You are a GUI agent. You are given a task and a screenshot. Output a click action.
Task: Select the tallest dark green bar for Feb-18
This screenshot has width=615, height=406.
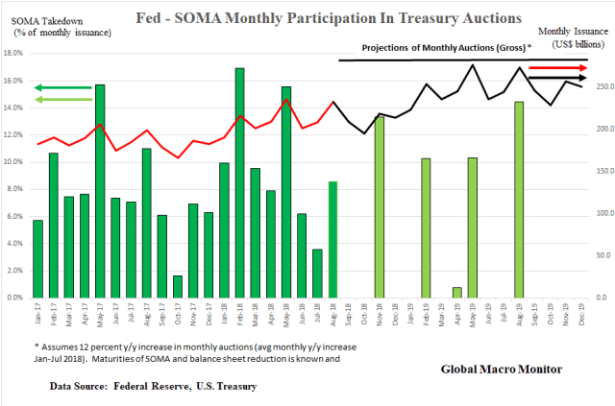tap(239, 182)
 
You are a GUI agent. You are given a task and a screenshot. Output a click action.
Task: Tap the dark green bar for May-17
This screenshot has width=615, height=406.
tap(100, 191)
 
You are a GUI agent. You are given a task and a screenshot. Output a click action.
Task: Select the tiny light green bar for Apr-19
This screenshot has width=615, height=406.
tap(456, 292)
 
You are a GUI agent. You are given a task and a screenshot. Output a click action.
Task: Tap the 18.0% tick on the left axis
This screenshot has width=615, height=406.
tap(16, 54)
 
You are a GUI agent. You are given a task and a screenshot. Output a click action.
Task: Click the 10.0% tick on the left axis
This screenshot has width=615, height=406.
tap(16, 162)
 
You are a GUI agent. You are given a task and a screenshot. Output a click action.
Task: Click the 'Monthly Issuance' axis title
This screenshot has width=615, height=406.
tap(573, 32)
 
